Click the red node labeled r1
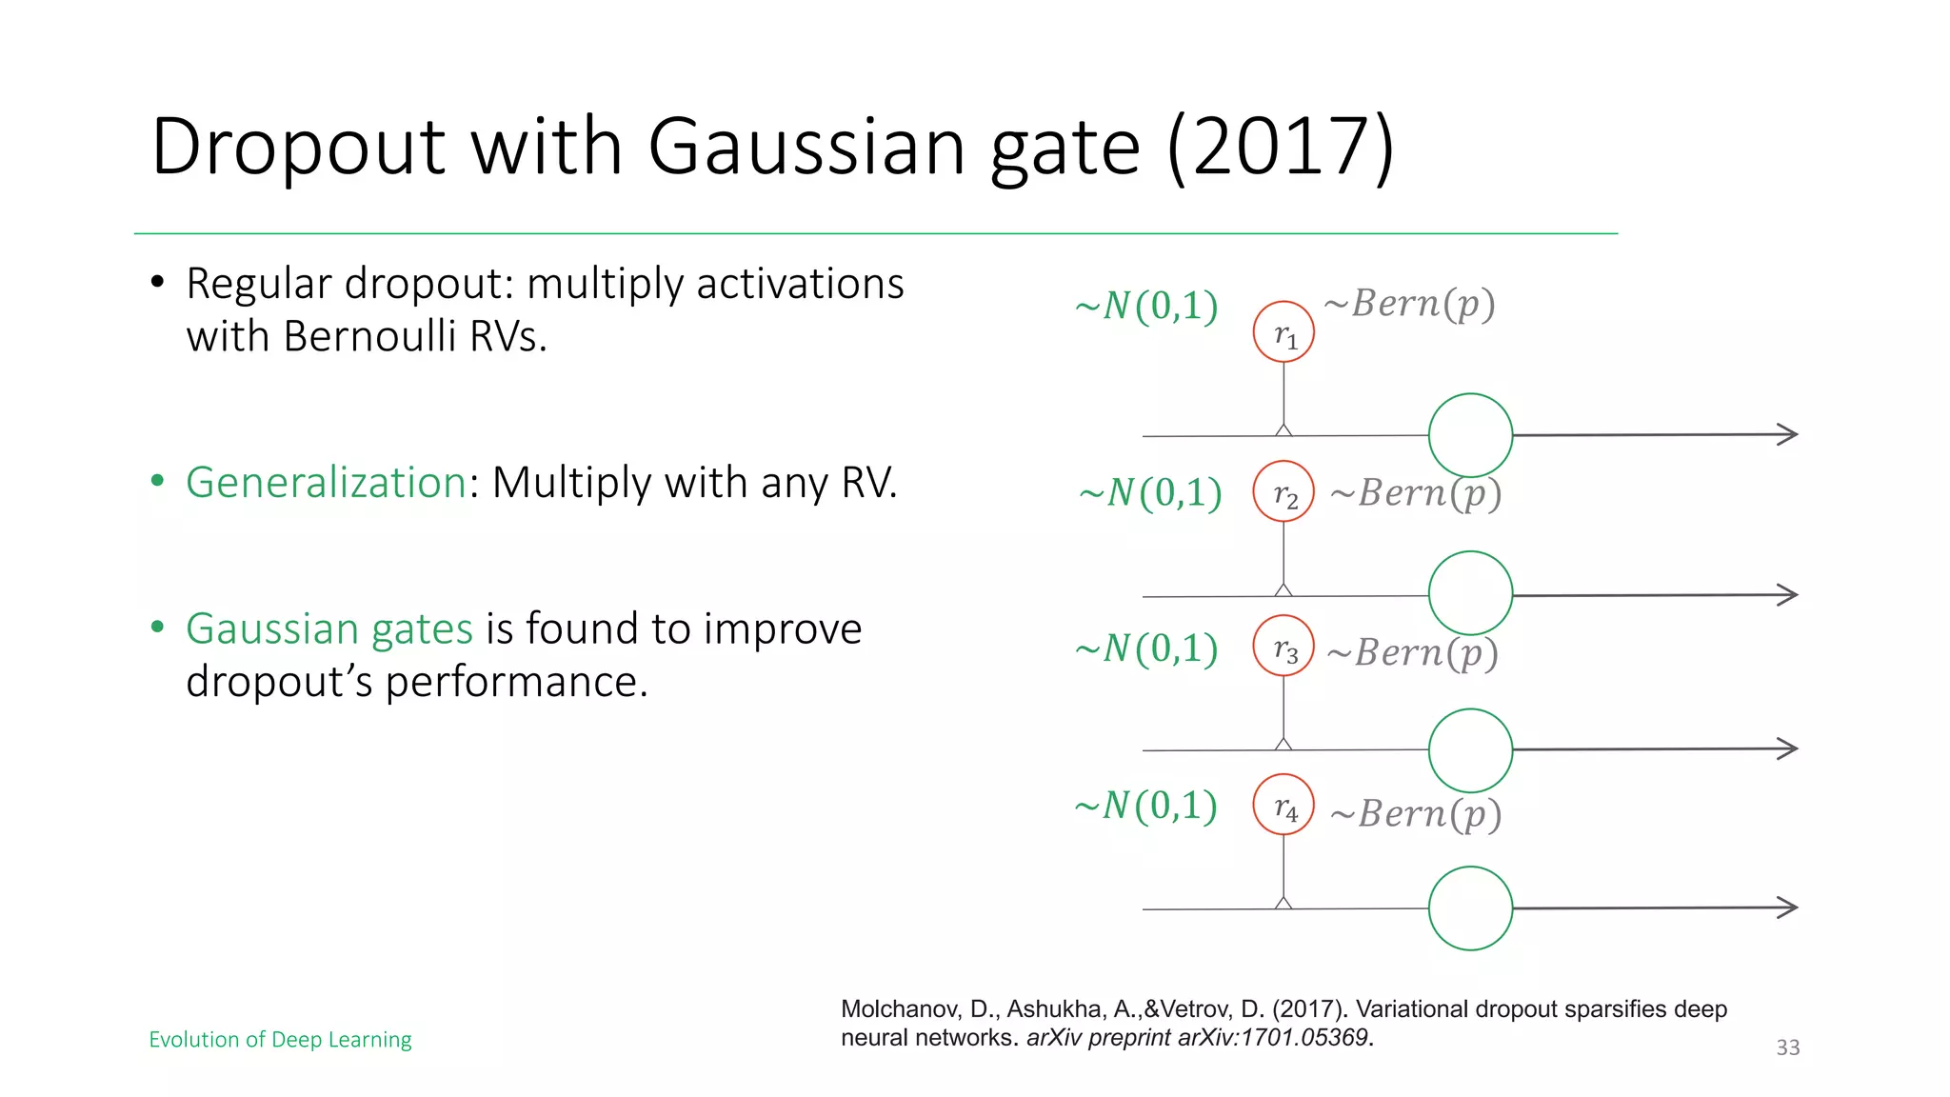click(1283, 332)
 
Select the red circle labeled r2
click(1283, 491)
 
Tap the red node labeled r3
click(1283, 647)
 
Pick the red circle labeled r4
click(1283, 806)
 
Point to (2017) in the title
click(1280, 147)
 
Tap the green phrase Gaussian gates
click(329, 628)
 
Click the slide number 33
click(1787, 1047)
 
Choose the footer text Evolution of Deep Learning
click(280, 1039)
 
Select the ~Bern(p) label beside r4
click(1416, 814)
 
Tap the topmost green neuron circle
click(1470, 435)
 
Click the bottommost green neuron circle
click(1470, 908)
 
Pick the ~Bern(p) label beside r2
click(1416, 493)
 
